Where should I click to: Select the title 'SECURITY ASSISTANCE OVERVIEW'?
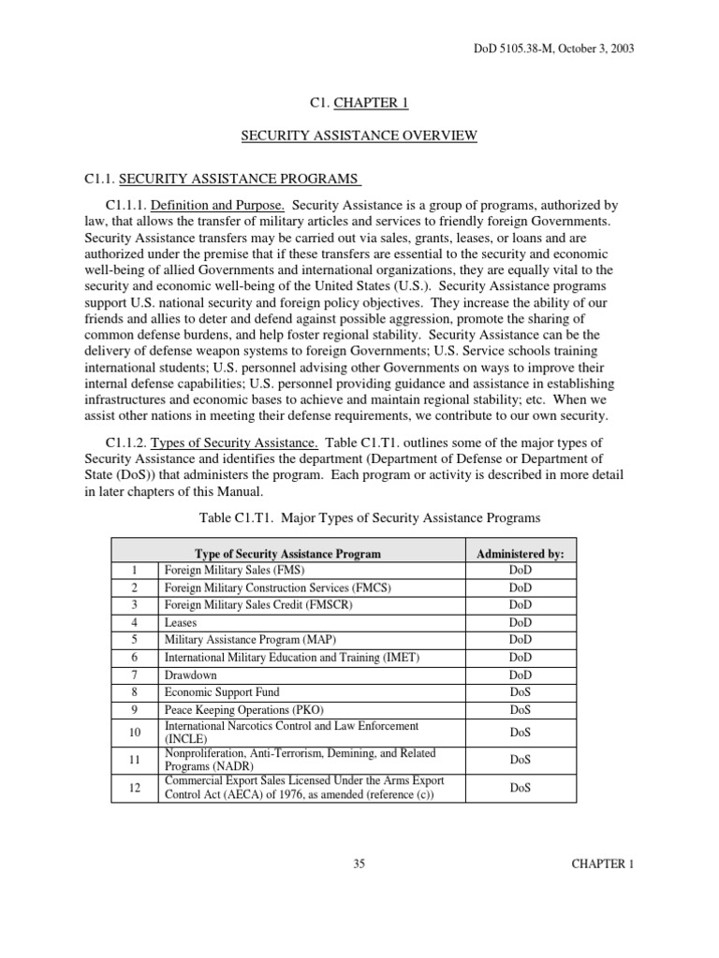[x=359, y=136]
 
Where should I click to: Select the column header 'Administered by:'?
[x=520, y=553]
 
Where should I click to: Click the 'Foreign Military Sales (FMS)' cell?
[x=235, y=570]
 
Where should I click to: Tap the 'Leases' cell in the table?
[x=181, y=621]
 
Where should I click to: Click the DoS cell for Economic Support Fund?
[x=520, y=691]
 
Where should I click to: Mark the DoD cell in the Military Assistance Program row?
[x=520, y=639]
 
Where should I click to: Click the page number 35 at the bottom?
[x=359, y=864]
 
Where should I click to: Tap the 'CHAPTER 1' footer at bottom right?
[x=603, y=864]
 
